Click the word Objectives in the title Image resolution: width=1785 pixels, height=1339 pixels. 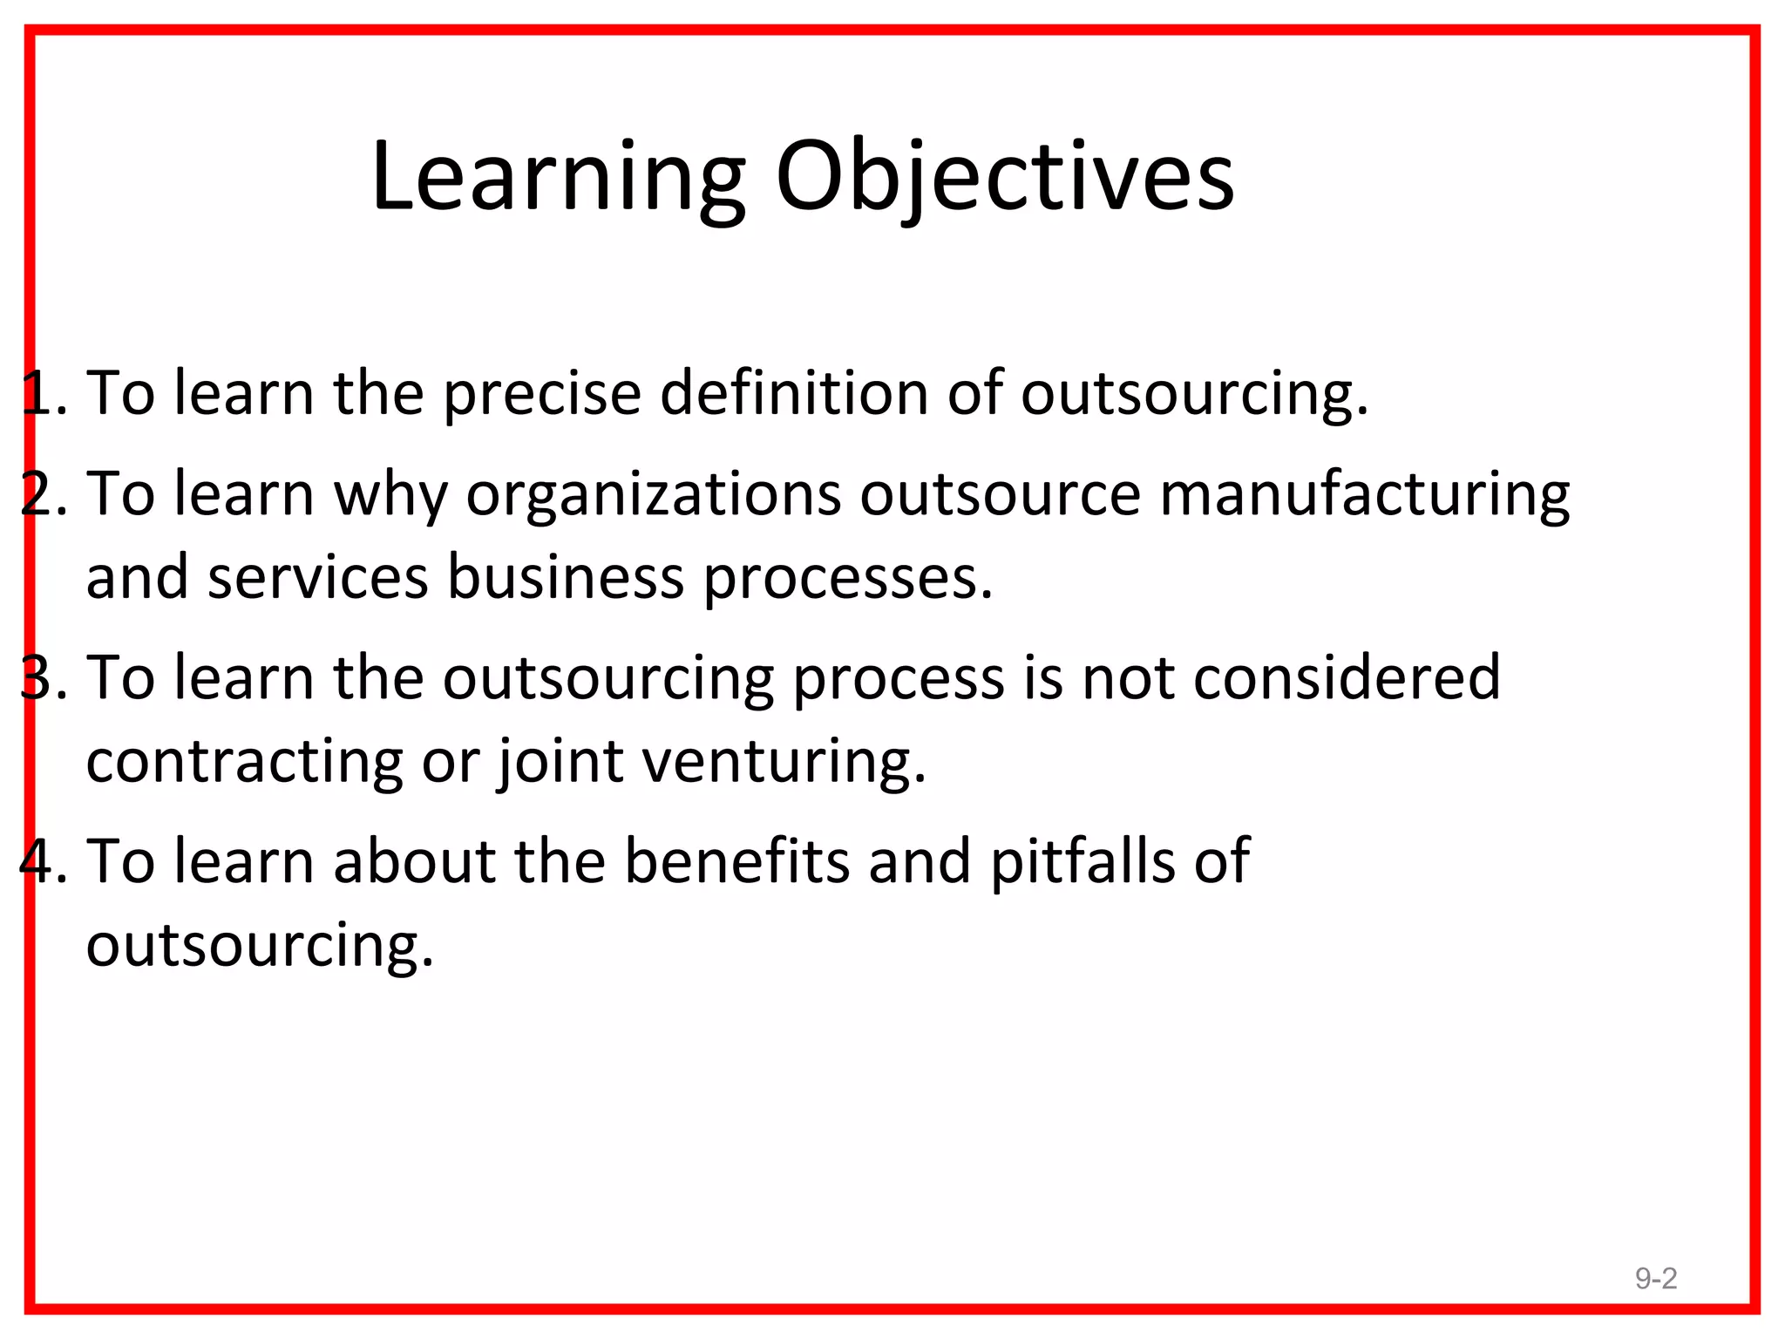click(1004, 178)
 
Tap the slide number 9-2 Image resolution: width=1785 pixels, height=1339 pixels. click(1655, 1278)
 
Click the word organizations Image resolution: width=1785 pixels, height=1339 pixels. click(654, 495)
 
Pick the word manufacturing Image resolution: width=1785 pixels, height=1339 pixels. click(1365, 495)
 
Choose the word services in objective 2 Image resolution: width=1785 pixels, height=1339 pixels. click(318, 578)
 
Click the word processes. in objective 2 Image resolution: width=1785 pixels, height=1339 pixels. click(848, 580)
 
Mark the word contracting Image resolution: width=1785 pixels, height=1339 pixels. click(245, 761)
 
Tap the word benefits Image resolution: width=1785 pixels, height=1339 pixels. click(736, 861)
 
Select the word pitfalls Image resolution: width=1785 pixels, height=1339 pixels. click(1082, 861)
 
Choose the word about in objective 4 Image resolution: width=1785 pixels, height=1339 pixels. click(414, 861)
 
